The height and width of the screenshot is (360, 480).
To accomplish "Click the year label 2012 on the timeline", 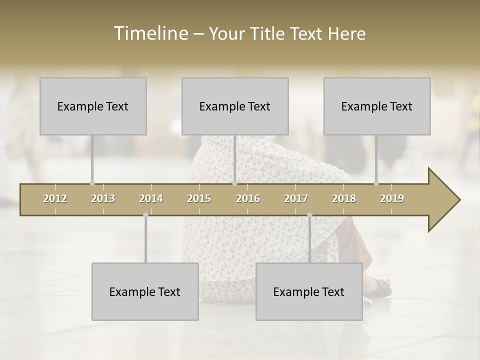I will (55, 198).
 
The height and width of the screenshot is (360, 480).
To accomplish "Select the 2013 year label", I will (103, 198).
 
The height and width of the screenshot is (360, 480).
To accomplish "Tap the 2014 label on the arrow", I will (151, 198).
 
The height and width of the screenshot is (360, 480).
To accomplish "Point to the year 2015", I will (199, 198).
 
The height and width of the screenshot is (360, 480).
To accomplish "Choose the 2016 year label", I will (248, 198).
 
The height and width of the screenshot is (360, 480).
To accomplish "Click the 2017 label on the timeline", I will (296, 198).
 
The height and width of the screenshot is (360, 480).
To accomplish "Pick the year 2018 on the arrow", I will (344, 198).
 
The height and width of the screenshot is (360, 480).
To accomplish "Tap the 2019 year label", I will (392, 198).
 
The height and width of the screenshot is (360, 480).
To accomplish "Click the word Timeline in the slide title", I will (150, 33).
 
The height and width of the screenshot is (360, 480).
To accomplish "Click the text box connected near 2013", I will (93, 106).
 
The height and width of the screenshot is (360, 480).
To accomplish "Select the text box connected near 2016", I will (235, 106).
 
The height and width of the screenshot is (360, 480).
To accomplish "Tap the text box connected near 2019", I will (377, 106).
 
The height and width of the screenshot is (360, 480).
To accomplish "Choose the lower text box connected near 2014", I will (145, 291).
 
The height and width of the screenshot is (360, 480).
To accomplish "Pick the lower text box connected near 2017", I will (309, 291).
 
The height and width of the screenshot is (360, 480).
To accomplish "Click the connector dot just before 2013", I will (92, 183).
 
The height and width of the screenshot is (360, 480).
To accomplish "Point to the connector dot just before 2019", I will (376, 183).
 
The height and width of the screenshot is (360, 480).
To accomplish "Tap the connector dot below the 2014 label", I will (145, 215).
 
